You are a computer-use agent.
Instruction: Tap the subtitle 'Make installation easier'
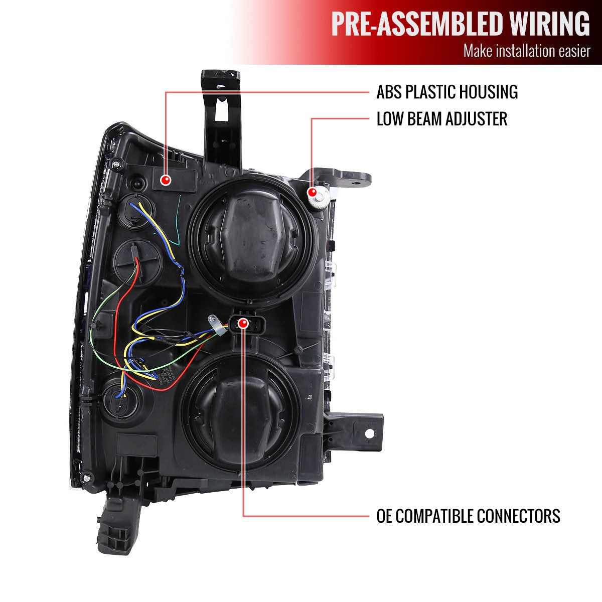(x=527, y=51)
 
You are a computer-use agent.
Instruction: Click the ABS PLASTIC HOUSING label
(x=447, y=92)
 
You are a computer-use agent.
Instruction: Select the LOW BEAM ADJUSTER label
(x=442, y=119)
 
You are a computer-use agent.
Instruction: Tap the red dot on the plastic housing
(x=166, y=180)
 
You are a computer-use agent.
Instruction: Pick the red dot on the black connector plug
(x=243, y=324)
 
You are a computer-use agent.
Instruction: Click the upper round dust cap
(x=252, y=240)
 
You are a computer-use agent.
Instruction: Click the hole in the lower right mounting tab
(x=369, y=433)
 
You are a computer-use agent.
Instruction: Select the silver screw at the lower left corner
(x=87, y=478)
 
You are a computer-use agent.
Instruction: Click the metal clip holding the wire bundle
(x=217, y=325)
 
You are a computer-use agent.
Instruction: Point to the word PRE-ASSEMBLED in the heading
(x=418, y=24)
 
